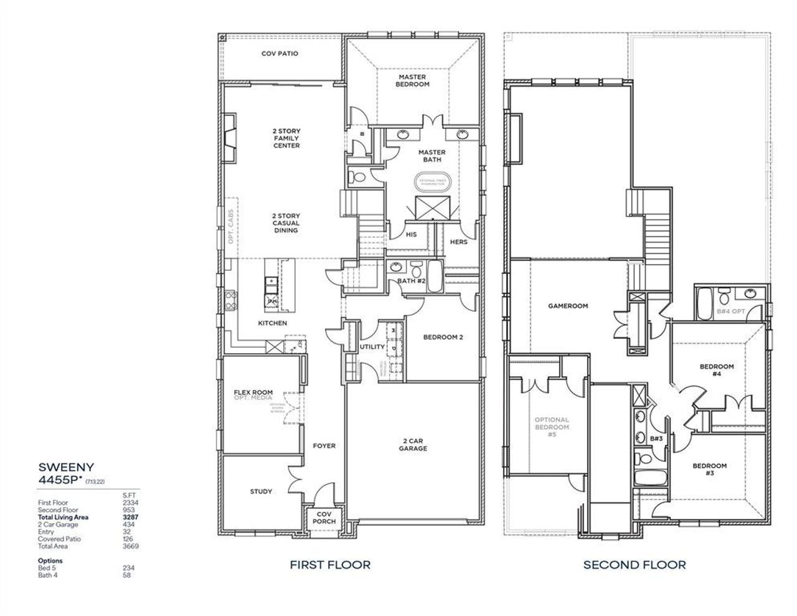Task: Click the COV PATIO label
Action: click(x=280, y=54)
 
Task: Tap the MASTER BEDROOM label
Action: click(x=413, y=80)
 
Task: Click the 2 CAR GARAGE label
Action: click(x=413, y=443)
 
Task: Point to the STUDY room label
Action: click(x=261, y=491)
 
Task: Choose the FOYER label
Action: click(x=324, y=445)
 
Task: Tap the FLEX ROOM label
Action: click(x=253, y=392)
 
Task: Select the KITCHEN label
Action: click(x=273, y=323)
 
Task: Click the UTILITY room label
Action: click(x=372, y=347)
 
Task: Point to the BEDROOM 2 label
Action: click(x=443, y=337)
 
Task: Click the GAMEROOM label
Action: click(x=568, y=306)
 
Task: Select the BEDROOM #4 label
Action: click(x=717, y=370)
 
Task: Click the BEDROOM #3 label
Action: click(x=710, y=470)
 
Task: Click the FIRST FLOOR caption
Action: click(x=330, y=565)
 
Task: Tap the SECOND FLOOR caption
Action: click(x=634, y=565)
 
